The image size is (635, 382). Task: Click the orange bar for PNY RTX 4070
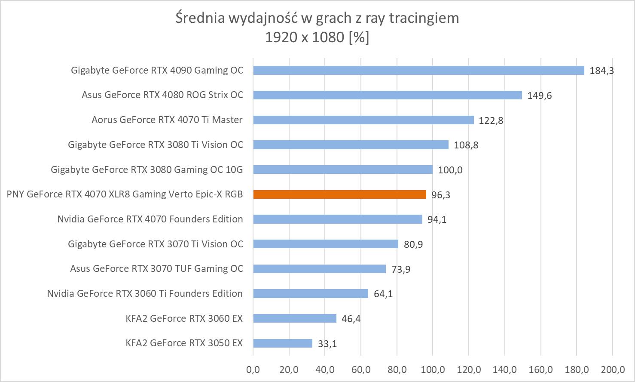tap(339, 194)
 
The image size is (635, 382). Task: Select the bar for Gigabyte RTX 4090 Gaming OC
tap(418, 70)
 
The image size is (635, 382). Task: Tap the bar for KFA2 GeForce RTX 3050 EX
tap(283, 343)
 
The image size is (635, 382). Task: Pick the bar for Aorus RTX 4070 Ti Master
tap(363, 120)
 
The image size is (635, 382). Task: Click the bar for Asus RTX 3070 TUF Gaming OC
tap(319, 269)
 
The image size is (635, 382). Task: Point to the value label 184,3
tap(601, 71)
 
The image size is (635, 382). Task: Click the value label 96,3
tap(441, 195)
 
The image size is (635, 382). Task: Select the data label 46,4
tap(351, 319)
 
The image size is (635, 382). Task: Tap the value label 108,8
tap(466, 145)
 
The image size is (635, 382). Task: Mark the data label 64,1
tap(383, 294)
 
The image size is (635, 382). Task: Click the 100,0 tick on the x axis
tap(433, 369)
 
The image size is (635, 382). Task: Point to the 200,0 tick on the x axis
tap(613, 369)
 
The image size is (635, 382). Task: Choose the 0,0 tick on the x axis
tap(253, 369)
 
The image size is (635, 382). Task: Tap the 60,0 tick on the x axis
tap(361, 369)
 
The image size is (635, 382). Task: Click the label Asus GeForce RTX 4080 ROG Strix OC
tap(162, 95)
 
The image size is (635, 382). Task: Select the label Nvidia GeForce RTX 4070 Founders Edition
tap(150, 219)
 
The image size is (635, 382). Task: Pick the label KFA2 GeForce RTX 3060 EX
tap(184, 318)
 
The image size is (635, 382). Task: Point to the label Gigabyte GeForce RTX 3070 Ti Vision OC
tap(156, 244)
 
